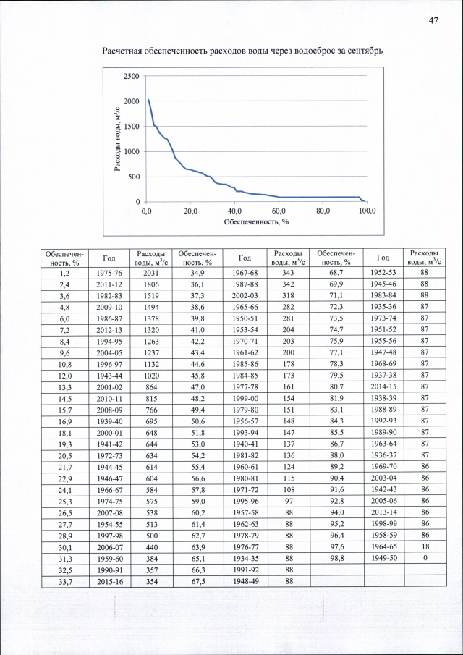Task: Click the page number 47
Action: pyautogui.click(x=433, y=20)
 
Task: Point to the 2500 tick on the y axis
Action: pyautogui.click(x=132, y=76)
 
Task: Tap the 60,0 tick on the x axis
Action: pyautogui.click(x=279, y=211)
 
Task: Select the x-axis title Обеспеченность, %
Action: pyautogui.click(x=255, y=221)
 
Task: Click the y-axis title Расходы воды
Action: pyautogui.click(x=116, y=138)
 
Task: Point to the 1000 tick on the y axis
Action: pyautogui.click(x=132, y=152)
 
